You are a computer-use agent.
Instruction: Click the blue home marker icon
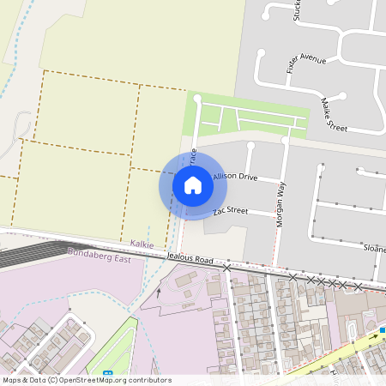[193, 185]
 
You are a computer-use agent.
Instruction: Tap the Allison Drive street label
[235, 177]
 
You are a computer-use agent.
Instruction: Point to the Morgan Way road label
[280, 202]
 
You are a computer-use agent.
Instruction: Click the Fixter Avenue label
[307, 61]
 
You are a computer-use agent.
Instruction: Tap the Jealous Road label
[190, 257]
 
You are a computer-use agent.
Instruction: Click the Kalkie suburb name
[142, 244]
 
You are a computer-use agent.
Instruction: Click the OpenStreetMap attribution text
[86, 380]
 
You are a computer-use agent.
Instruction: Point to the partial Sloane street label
[373, 249]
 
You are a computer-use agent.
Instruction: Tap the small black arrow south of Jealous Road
[158, 293]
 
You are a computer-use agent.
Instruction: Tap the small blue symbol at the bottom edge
[107, 373]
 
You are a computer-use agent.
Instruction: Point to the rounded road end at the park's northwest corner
[197, 100]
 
